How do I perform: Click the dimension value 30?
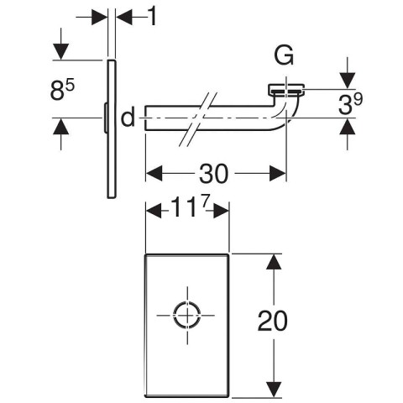pyautogui.click(x=213, y=174)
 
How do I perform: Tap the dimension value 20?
pyautogui.click(x=272, y=321)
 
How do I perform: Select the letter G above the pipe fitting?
pyautogui.click(x=284, y=55)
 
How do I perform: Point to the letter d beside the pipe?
pyautogui.click(x=128, y=117)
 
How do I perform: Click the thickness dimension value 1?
pyautogui.click(x=152, y=16)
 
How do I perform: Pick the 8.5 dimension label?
pyautogui.click(x=62, y=90)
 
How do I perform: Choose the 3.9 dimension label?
pyautogui.click(x=350, y=103)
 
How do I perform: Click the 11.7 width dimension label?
pyautogui.click(x=190, y=207)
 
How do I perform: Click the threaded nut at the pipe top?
pyautogui.click(x=286, y=89)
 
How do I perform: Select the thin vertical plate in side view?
pyautogui.click(x=112, y=129)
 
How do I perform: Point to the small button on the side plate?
pyautogui.click(x=106, y=118)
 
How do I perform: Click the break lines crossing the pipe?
pyautogui.click(x=198, y=119)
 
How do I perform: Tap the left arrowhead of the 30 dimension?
pyautogui.click(x=154, y=173)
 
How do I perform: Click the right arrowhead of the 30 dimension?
pyautogui.click(x=278, y=173)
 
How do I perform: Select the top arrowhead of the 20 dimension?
pyautogui.click(x=274, y=262)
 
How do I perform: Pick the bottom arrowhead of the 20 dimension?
pyautogui.click(x=274, y=390)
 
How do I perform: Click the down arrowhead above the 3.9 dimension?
pyautogui.click(x=348, y=81)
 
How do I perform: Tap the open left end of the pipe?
pyautogui.click(x=145, y=118)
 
